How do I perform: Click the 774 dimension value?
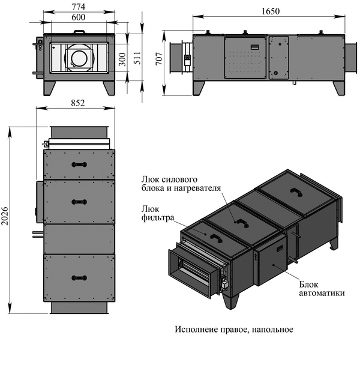[78, 7]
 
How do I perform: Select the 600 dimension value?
[78, 17]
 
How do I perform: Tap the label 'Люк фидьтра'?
[157, 213]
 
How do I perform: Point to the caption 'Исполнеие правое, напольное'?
[234, 330]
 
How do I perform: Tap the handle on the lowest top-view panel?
[79, 277]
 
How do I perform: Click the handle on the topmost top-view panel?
[79, 164]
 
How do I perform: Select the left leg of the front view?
[50, 87]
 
